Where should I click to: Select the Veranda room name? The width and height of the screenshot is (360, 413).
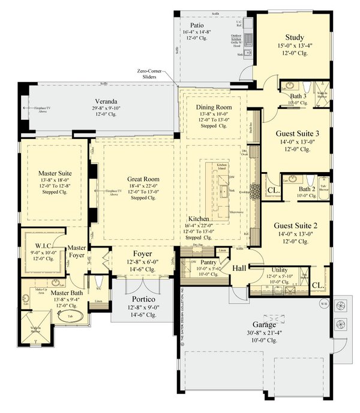(97, 101)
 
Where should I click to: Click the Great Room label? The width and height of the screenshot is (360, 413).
(142, 179)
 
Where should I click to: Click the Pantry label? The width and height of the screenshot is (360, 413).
(208, 262)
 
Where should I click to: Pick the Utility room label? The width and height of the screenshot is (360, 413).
(280, 270)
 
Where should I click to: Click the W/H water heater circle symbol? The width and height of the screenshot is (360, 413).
(323, 302)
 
